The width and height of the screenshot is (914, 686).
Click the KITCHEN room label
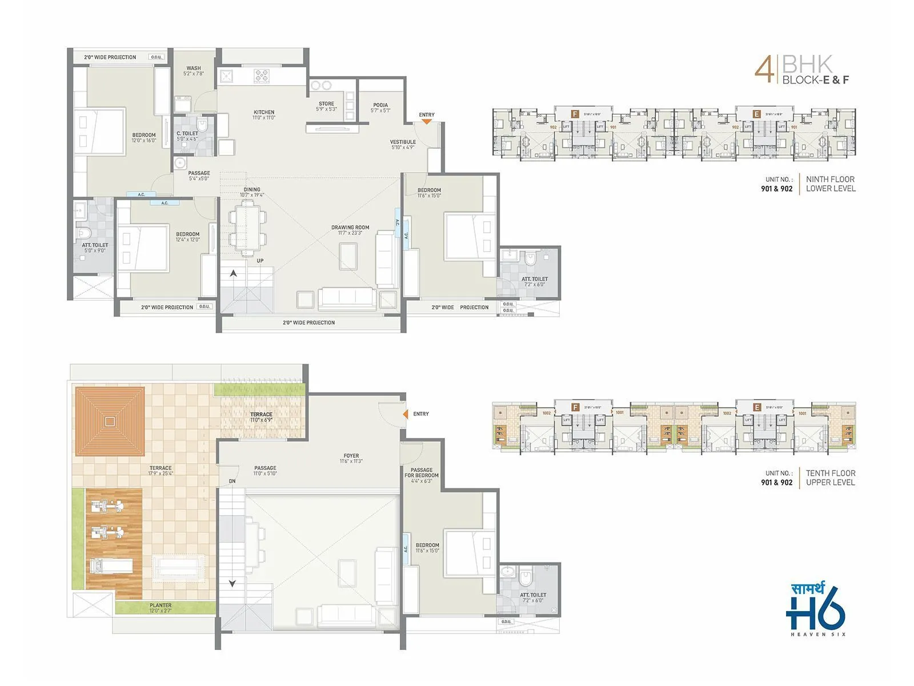tap(264, 113)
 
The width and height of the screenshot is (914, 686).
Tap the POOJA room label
tap(380, 105)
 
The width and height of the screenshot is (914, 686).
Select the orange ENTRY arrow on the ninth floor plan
tap(426, 121)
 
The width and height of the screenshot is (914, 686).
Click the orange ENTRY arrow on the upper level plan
tap(405, 414)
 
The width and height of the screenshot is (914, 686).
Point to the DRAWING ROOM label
tap(350, 228)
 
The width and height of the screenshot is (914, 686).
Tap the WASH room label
tap(194, 68)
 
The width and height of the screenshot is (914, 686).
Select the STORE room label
tap(327, 104)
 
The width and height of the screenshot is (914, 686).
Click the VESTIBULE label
tap(403, 142)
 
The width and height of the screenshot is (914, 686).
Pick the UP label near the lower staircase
tap(260, 261)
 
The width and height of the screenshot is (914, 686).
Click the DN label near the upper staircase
tap(232, 481)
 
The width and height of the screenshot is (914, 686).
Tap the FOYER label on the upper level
tap(351, 456)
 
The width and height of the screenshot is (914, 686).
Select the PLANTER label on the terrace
tap(161, 605)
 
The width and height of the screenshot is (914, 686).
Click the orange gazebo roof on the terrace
tap(110, 421)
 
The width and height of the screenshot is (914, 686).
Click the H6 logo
tap(815, 612)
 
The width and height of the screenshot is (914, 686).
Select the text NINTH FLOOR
tap(830, 180)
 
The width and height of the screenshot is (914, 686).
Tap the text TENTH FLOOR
tap(830, 473)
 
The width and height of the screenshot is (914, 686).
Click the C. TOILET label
tap(187, 133)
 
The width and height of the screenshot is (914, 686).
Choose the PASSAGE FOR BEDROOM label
tap(422, 473)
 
